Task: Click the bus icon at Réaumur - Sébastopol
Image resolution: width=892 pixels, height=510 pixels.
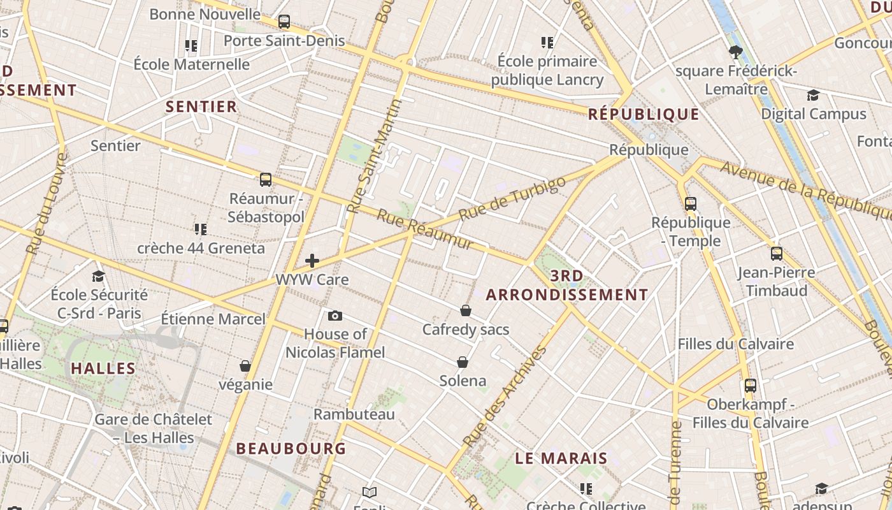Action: click(266, 180)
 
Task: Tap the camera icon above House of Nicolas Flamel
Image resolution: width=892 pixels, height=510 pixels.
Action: click(335, 316)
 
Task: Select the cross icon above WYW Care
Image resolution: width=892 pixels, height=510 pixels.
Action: click(312, 260)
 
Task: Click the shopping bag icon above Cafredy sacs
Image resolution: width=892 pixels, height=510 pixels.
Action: click(466, 310)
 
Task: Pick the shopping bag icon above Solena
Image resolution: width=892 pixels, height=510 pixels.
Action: click(463, 362)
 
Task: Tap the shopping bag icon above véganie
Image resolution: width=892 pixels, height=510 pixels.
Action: click(245, 366)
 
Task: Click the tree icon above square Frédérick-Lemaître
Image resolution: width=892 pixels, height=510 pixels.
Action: click(736, 52)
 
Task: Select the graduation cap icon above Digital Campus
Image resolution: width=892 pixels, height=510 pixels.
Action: click(813, 96)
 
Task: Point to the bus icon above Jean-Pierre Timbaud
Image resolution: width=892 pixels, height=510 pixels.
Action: click(776, 254)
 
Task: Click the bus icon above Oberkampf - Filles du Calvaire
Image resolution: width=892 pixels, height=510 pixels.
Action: click(751, 385)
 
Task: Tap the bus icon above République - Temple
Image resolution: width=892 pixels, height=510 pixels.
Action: click(691, 204)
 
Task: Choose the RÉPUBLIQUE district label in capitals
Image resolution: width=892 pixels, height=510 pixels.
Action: click(644, 115)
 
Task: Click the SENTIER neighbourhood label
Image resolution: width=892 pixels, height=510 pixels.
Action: click(201, 106)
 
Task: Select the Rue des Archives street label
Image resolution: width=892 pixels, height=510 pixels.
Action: click(505, 396)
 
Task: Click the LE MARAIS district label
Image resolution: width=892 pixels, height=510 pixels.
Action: click(561, 458)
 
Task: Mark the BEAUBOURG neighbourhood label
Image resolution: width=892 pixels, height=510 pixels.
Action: click(291, 449)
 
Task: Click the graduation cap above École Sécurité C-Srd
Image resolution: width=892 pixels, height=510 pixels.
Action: click(98, 276)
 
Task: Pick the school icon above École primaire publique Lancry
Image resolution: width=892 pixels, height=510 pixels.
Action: click(547, 43)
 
